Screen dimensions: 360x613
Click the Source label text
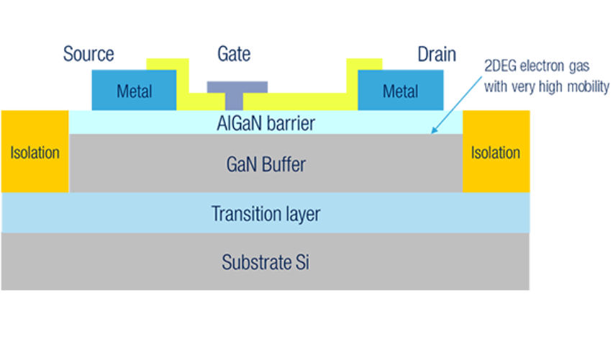click(x=88, y=54)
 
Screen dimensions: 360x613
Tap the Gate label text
click(x=234, y=54)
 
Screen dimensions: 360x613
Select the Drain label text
click(x=436, y=54)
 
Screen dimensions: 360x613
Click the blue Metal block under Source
click(x=134, y=91)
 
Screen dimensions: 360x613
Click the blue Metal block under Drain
click(x=400, y=91)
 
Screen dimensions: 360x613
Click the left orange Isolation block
click(x=35, y=151)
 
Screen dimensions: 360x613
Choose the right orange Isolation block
click(x=496, y=151)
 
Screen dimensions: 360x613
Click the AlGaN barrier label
click(x=265, y=123)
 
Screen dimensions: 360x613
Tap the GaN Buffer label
click(x=265, y=164)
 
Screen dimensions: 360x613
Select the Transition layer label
click(x=265, y=214)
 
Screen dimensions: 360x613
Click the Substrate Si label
click(x=265, y=262)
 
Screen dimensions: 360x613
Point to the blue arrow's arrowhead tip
click(x=432, y=132)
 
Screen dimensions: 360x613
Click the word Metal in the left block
click(x=135, y=91)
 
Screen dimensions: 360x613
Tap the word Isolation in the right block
click(x=496, y=153)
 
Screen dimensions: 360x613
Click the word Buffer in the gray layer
click(x=286, y=164)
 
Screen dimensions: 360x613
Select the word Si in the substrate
click(x=301, y=262)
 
